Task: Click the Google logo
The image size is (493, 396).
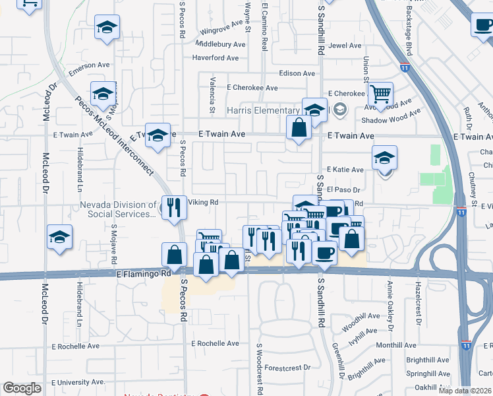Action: pyautogui.click(x=22, y=388)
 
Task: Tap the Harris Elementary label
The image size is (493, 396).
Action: pyautogui.click(x=264, y=110)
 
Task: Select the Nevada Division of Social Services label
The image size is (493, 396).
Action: pyautogui.click(x=119, y=210)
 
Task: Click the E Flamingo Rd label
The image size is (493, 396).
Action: pyautogui.click(x=143, y=273)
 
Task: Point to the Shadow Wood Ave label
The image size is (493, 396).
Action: pyautogui.click(x=391, y=119)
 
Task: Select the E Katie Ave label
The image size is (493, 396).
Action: pyautogui.click(x=345, y=170)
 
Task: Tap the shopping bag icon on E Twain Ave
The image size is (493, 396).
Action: pyautogui.click(x=299, y=127)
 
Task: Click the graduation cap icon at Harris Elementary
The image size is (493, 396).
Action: pyautogui.click(x=314, y=109)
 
